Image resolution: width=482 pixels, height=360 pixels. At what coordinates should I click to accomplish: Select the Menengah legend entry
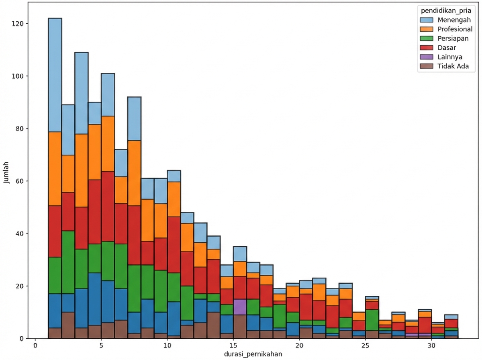coord(452,20)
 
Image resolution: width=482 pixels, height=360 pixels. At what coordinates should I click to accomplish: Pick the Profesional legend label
coord(455,29)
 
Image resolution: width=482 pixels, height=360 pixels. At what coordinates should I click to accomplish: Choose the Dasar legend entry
coord(447,47)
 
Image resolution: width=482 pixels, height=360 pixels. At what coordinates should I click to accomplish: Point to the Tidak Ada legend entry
coord(452,66)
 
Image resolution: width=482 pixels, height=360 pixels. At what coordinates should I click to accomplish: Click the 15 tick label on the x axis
coord(233,346)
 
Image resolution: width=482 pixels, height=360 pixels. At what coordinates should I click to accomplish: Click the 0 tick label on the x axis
coord(35,346)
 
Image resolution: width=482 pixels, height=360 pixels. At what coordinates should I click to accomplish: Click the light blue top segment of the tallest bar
coord(55,75)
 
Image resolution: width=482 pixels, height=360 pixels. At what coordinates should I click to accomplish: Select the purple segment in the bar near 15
coord(240,307)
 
